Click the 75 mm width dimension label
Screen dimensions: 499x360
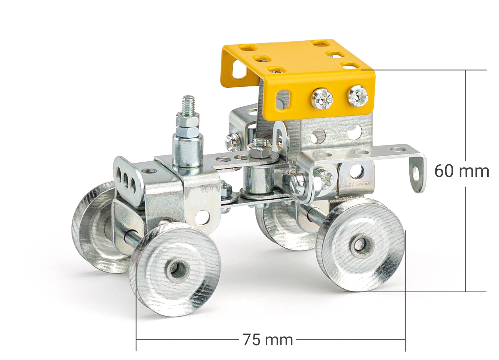(268, 340)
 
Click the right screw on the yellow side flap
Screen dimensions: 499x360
(358, 96)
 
